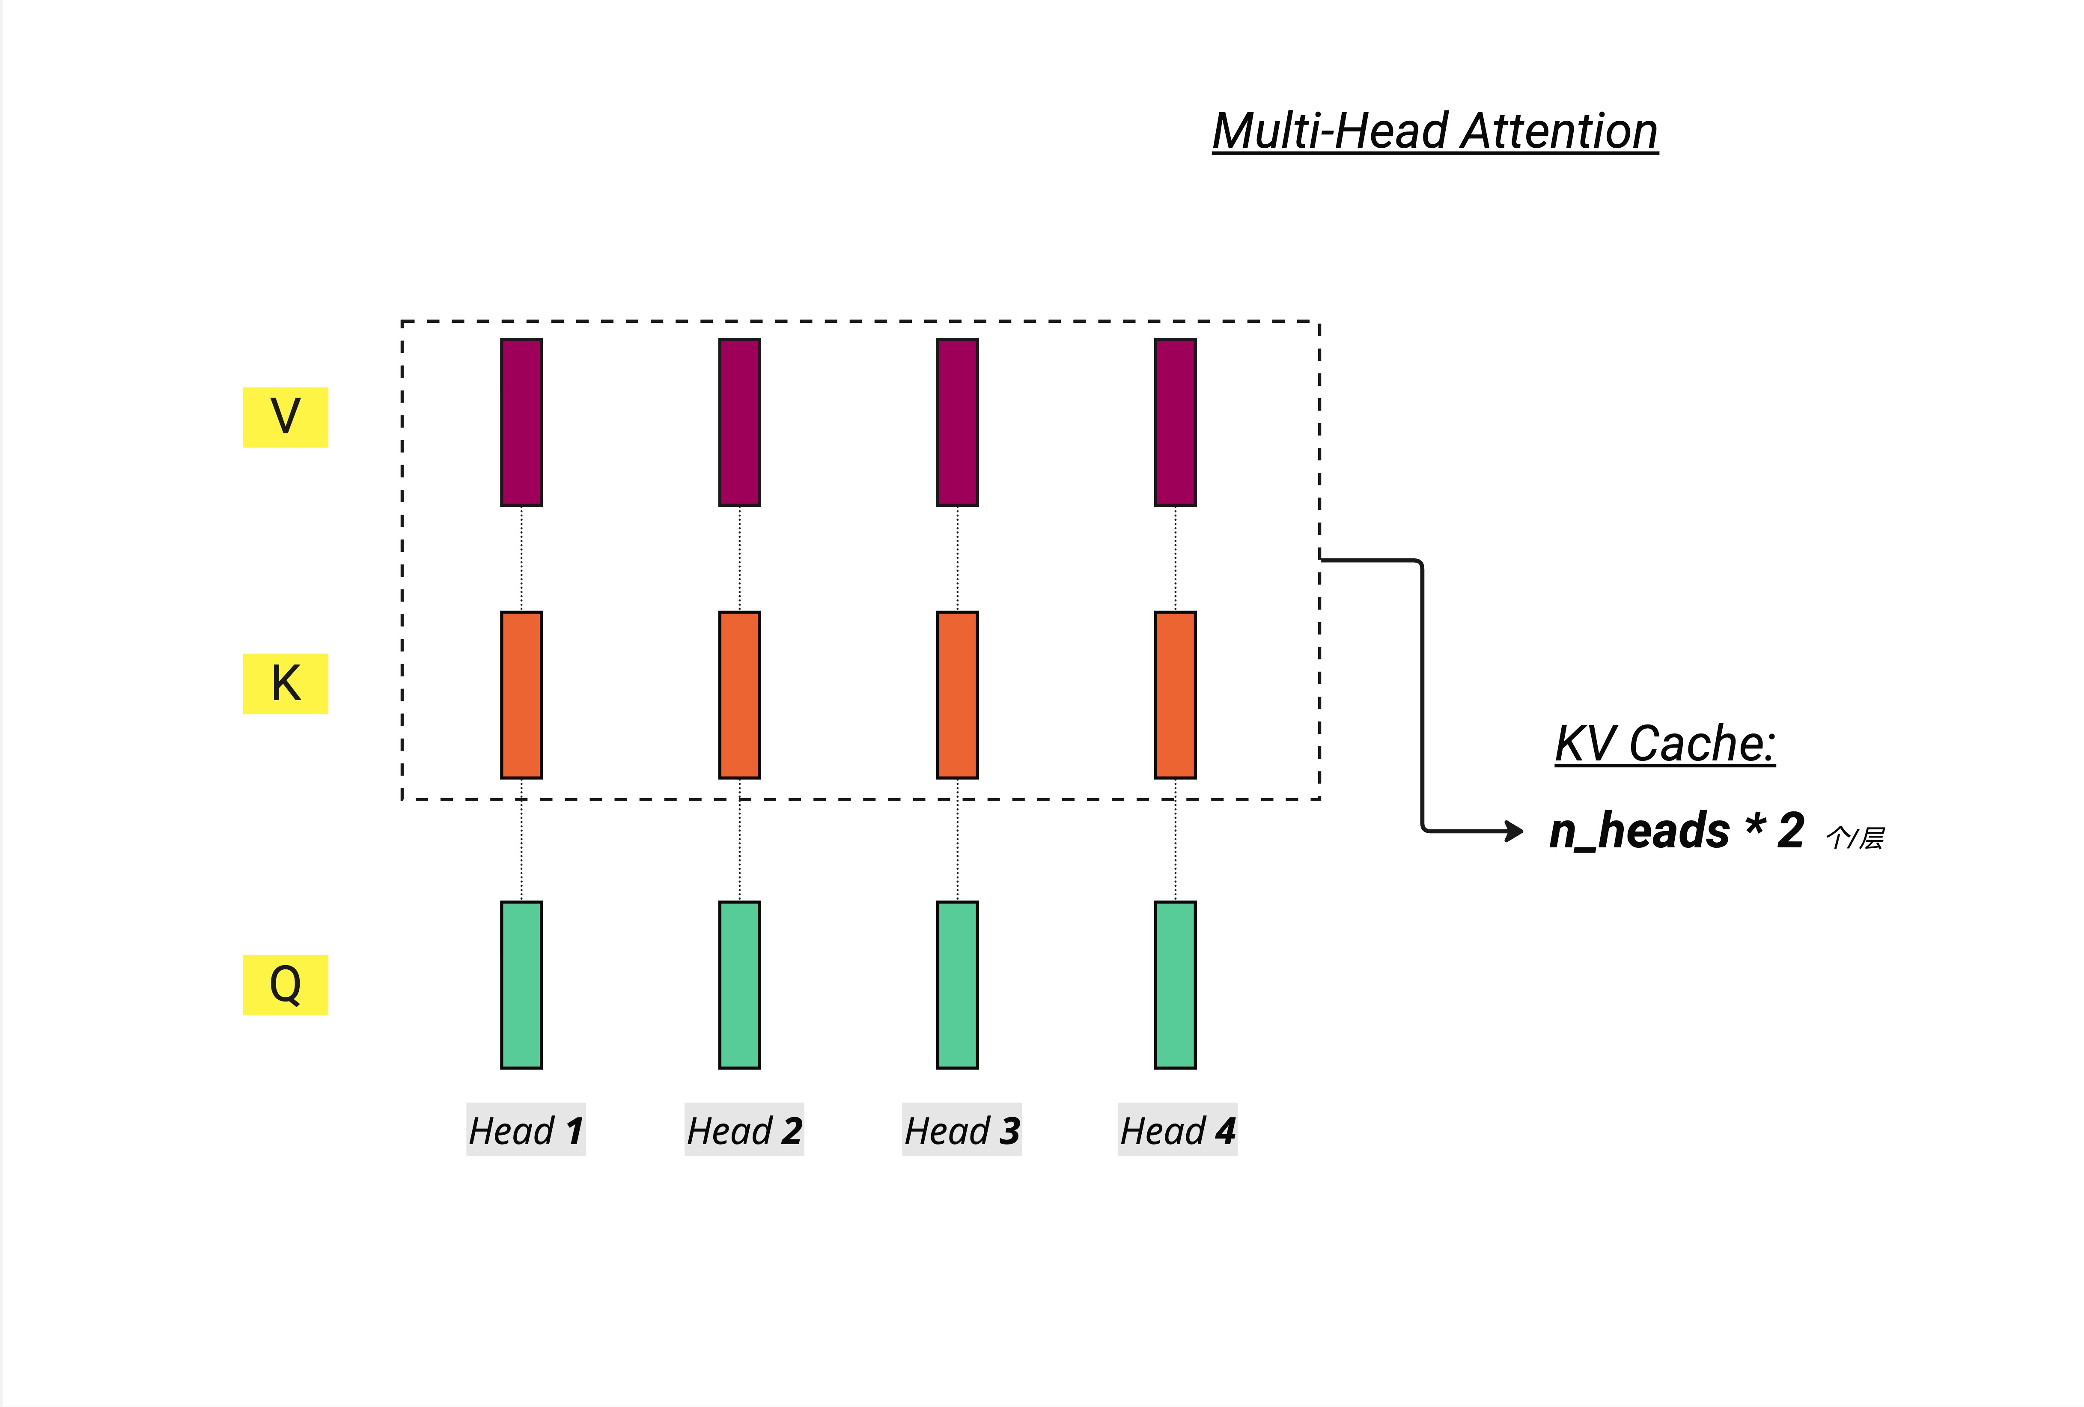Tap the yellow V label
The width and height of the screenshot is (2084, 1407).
285,417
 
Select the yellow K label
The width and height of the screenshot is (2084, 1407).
285,683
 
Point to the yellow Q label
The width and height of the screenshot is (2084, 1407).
285,985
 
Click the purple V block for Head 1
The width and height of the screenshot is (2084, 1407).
521,422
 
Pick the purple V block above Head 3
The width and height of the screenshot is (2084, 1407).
957,422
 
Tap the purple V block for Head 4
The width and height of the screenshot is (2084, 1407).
1175,422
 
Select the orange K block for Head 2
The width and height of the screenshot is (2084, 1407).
739,695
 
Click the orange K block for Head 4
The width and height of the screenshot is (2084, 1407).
1175,695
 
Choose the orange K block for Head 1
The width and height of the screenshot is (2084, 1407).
521,695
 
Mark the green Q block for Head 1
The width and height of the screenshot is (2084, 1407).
521,985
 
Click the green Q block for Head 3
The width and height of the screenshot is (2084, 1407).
957,985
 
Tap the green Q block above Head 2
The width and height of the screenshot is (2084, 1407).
739,985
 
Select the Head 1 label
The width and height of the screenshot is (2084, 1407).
525,1130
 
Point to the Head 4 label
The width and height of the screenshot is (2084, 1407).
1177,1130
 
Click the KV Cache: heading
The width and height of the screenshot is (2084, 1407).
1664,744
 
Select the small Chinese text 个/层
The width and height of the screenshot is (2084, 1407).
1855,838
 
